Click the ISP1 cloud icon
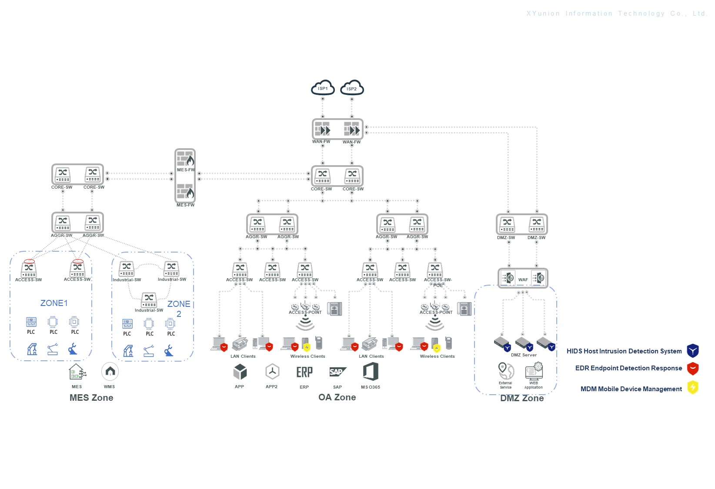coord(323,88)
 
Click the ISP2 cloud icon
coord(352,88)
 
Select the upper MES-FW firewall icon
coord(185,159)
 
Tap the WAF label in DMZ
coord(523,280)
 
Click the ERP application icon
coord(304,372)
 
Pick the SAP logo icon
coord(337,372)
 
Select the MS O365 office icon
coord(371,372)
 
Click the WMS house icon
coord(110,372)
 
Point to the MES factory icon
coord(77,372)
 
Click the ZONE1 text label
coord(54,303)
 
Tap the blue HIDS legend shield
coord(693,350)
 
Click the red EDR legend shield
coord(693,369)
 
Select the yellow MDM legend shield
coord(693,387)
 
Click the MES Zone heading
coord(91,398)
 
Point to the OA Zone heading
coord(337,397)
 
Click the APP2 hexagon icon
coord(272,372)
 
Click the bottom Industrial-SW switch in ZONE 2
coord(149,300)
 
